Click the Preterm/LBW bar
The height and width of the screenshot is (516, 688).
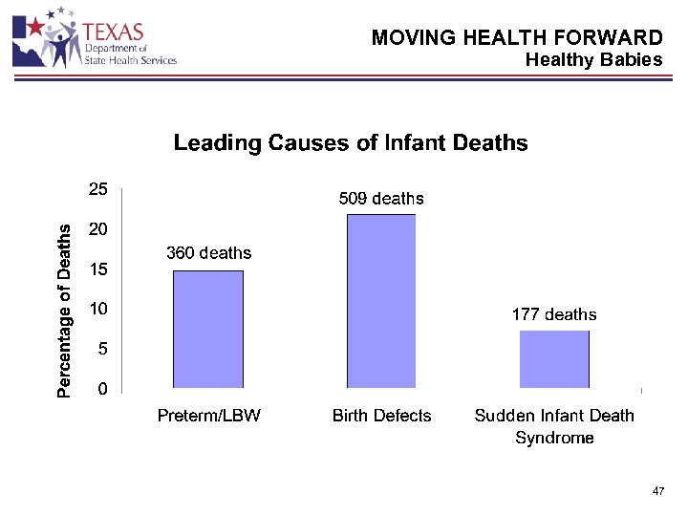tap(208, 330)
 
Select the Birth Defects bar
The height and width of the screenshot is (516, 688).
tap(381, 301)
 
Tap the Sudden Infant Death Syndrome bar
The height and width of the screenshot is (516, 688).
tap(554, 359)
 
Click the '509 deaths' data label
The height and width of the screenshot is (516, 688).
tap(381, 199)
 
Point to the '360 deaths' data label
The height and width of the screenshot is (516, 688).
tap(208, 253)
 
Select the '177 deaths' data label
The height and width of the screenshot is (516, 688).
tap(554, 314)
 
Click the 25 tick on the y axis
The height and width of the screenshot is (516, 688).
tap(98, 189)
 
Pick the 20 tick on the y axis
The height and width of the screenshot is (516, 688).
tap(98, 229)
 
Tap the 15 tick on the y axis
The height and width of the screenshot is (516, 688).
tap(98, 269)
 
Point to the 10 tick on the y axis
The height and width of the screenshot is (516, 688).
tap(98, 310)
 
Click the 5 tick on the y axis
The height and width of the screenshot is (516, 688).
tap(101, 350)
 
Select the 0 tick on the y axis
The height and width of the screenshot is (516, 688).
tap(101, 389)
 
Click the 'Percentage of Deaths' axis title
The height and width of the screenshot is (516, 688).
tap(63, 311)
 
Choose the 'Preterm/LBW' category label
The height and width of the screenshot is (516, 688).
tap(208, 416)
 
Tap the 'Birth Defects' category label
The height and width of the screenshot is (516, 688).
tap(381, 416)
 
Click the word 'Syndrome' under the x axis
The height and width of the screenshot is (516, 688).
tap(554, 439)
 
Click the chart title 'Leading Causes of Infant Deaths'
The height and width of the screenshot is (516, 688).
tap(350, 143)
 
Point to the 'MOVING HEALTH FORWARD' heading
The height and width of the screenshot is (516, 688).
tap(516, 38)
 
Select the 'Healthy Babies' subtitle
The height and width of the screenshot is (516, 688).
tap(593, 59)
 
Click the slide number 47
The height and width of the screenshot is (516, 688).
tap(657, 490)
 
